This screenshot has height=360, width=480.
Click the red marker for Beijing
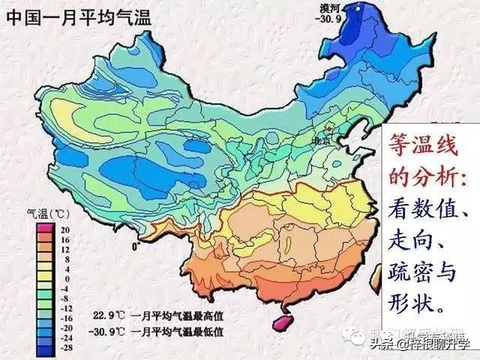pyautogui.click(x=328, y=129)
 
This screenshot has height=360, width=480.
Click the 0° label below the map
pyautogui.click(x=135, y=246)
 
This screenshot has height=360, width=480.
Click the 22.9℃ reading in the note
pyautogui.click(x=106, y=313)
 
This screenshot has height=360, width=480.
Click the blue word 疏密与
pyautogui.click(x=421, y=272)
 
